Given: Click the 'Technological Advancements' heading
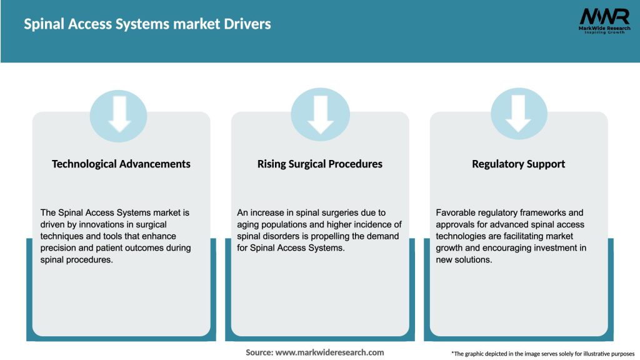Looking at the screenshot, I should point(121,164).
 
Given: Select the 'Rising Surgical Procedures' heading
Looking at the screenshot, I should point(320,164).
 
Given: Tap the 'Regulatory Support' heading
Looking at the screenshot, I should point(518,164).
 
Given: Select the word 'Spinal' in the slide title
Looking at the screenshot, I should point(43,24).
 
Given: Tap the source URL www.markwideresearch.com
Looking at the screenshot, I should point(329,352).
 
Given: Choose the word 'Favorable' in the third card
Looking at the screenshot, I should point(457,212).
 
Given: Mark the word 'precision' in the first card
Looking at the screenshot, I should point(60,248).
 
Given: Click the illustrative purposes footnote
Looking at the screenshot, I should point(542,354).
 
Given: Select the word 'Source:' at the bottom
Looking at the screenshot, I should point(259,352).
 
